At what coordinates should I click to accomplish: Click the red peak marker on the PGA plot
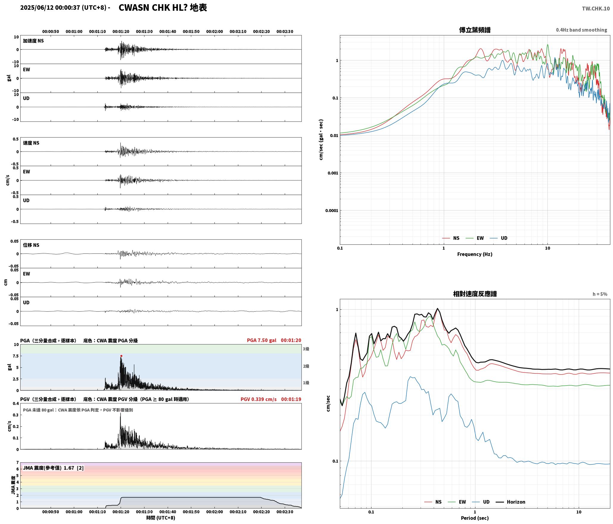[121, 356]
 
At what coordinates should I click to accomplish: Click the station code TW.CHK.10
[596, 9]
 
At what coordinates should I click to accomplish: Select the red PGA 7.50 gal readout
[262, 340]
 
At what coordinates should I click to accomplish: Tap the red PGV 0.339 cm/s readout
[259, 399]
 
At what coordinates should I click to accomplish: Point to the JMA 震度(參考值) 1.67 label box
[53, 468]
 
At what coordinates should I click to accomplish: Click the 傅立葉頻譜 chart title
[475, 30]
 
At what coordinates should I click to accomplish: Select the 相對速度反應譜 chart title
[475, 294]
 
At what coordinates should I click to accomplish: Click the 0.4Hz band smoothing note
[581, 30]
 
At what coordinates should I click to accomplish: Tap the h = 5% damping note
[600, 294]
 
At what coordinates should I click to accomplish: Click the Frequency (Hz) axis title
[475, 254]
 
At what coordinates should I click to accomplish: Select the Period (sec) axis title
[475, 518]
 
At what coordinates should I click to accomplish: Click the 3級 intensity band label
[306, 349]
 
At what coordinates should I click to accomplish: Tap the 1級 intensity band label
[306, 383]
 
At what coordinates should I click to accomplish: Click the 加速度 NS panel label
[33, 41]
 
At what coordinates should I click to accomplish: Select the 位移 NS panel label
[31, 245]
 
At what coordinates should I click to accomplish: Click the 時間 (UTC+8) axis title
[161, 517]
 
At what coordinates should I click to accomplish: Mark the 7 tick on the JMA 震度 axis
[18, 462]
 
